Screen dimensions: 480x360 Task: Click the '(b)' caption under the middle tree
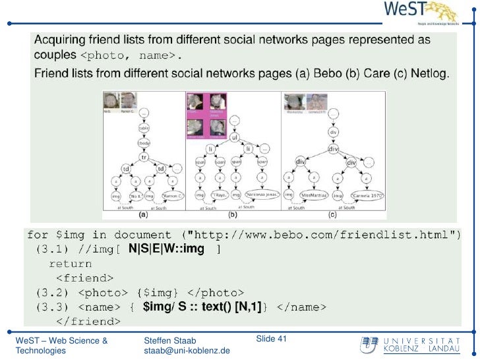tap(232, 214)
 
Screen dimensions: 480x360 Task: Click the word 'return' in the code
tap(71, 264)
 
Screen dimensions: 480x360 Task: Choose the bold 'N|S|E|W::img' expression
tap(166, 249)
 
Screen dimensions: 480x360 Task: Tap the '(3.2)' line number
tap(49, 293)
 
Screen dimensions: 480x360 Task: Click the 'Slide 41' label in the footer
tap(272, 339)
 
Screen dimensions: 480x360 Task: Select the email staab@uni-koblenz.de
tap(187, 351)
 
